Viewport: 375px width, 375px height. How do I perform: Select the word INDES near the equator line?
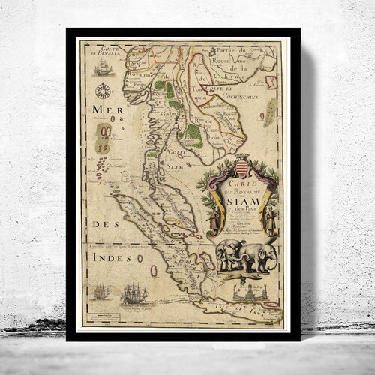tap(105, 256)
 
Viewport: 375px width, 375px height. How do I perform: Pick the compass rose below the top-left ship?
tap(103, 92)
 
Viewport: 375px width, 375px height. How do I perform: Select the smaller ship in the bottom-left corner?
tap(100, 292)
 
